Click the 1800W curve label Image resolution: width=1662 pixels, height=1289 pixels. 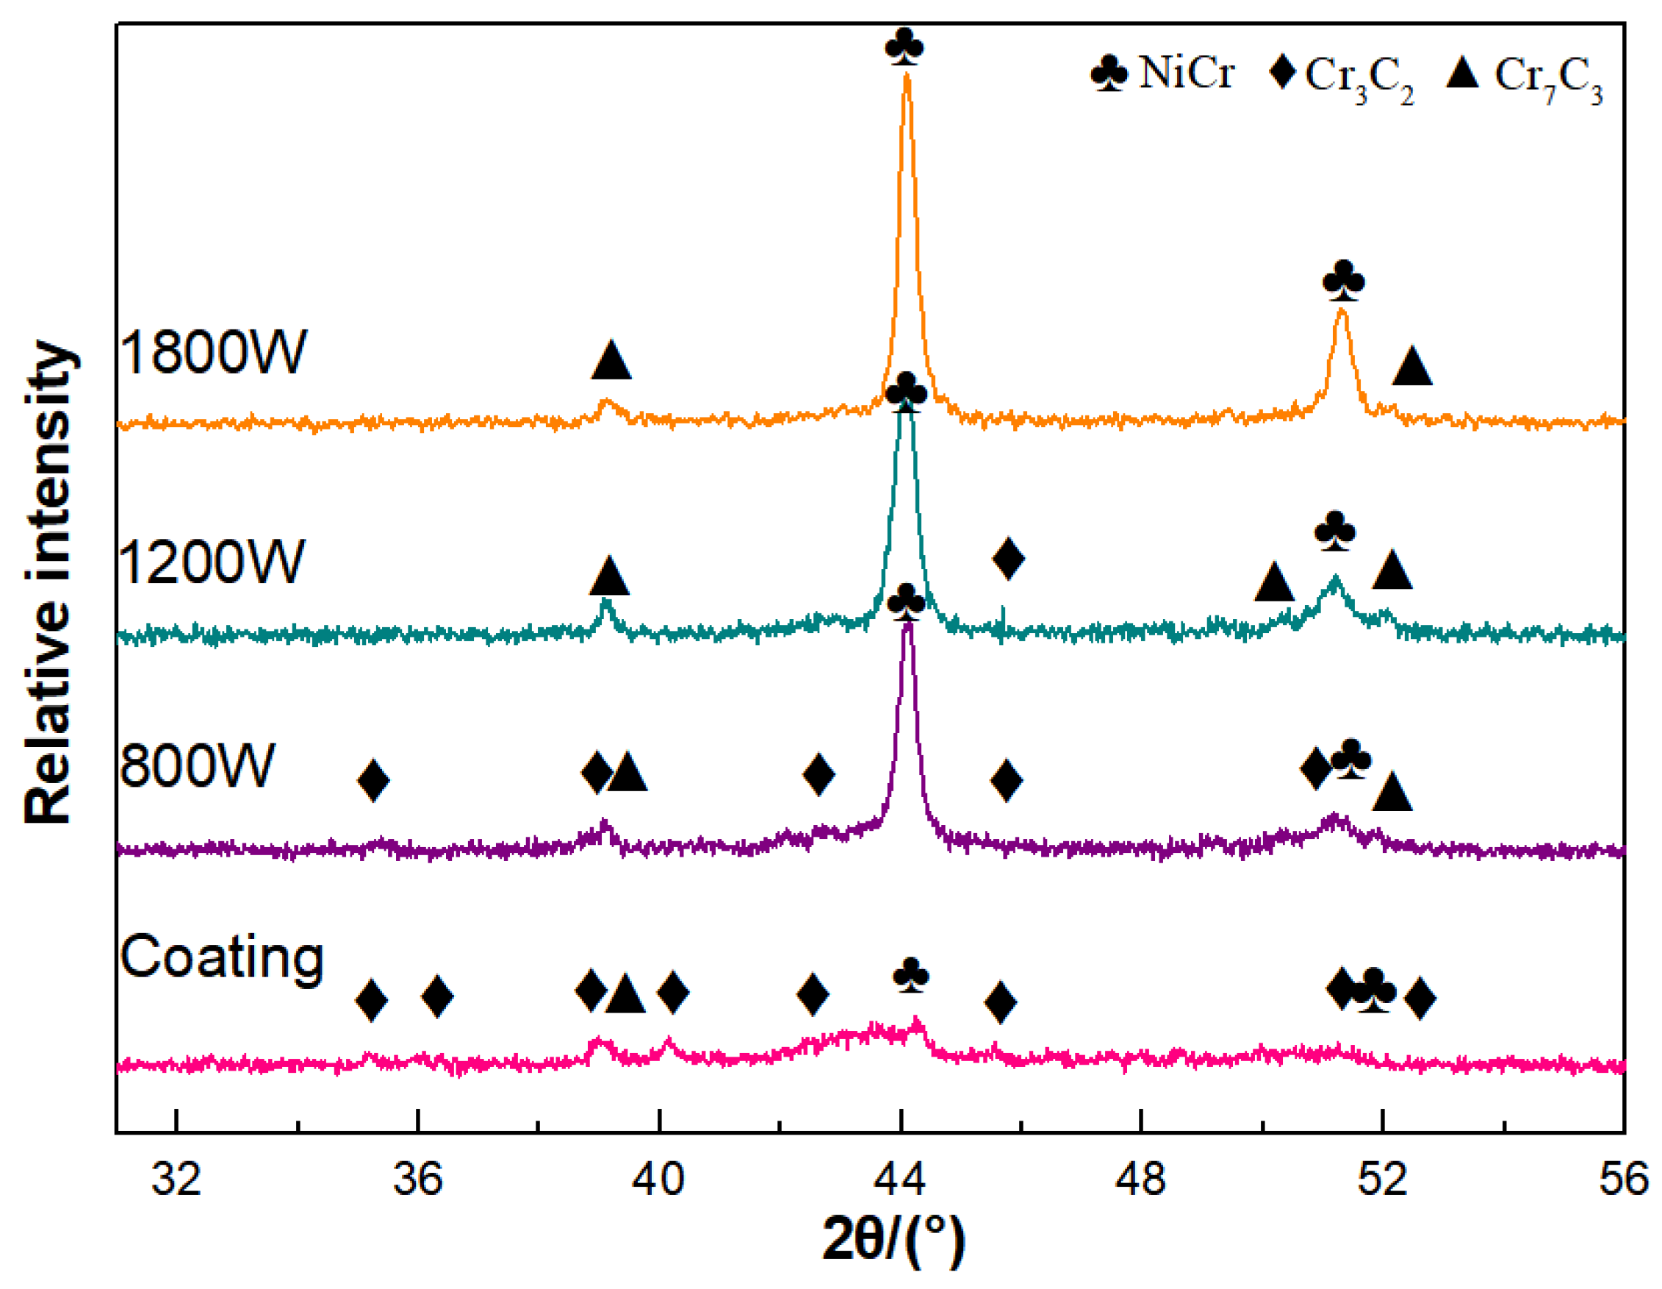pyautogui.click(x=212, y=352)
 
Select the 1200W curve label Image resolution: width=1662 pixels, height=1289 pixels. pyautogui.click(x=212, y=562)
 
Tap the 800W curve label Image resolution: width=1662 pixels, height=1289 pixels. pyautogui.click(x=196, y=765)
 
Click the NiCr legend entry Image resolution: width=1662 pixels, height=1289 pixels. pyautogui.click(x=1162, y=74)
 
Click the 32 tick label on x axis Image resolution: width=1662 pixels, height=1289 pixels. pyautogui.click(x=176, y=1179)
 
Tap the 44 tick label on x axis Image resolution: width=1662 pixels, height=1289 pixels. pyautogui.click(x=900, y=1179)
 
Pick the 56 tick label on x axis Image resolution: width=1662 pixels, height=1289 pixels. pyautogui.click(x=1623, y=1179)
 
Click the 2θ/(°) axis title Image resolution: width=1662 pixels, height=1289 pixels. pyautogui.click(x=893, y=1240)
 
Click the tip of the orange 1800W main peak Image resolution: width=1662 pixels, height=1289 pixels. pyautogui.click(x=907, y=74)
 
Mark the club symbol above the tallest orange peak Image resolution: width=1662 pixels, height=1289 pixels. pyautogui.click(x=904, y=47)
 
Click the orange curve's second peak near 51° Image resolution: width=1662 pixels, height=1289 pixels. pyautogui.click(x=1342, y=310)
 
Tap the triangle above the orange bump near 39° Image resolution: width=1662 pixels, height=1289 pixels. pyautogui.click(x=611, y=361)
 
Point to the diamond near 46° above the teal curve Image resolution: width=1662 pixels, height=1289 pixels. pyautogui.click(x=1008, y=558)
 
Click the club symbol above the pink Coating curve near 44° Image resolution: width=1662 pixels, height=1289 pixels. pyautogui.click(x=911, y=975)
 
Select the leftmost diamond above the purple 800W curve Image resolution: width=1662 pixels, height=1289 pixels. pyautogui.click(x=373, y=780)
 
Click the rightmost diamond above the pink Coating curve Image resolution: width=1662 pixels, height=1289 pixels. pyautogui.click(x=1420, y=998)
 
